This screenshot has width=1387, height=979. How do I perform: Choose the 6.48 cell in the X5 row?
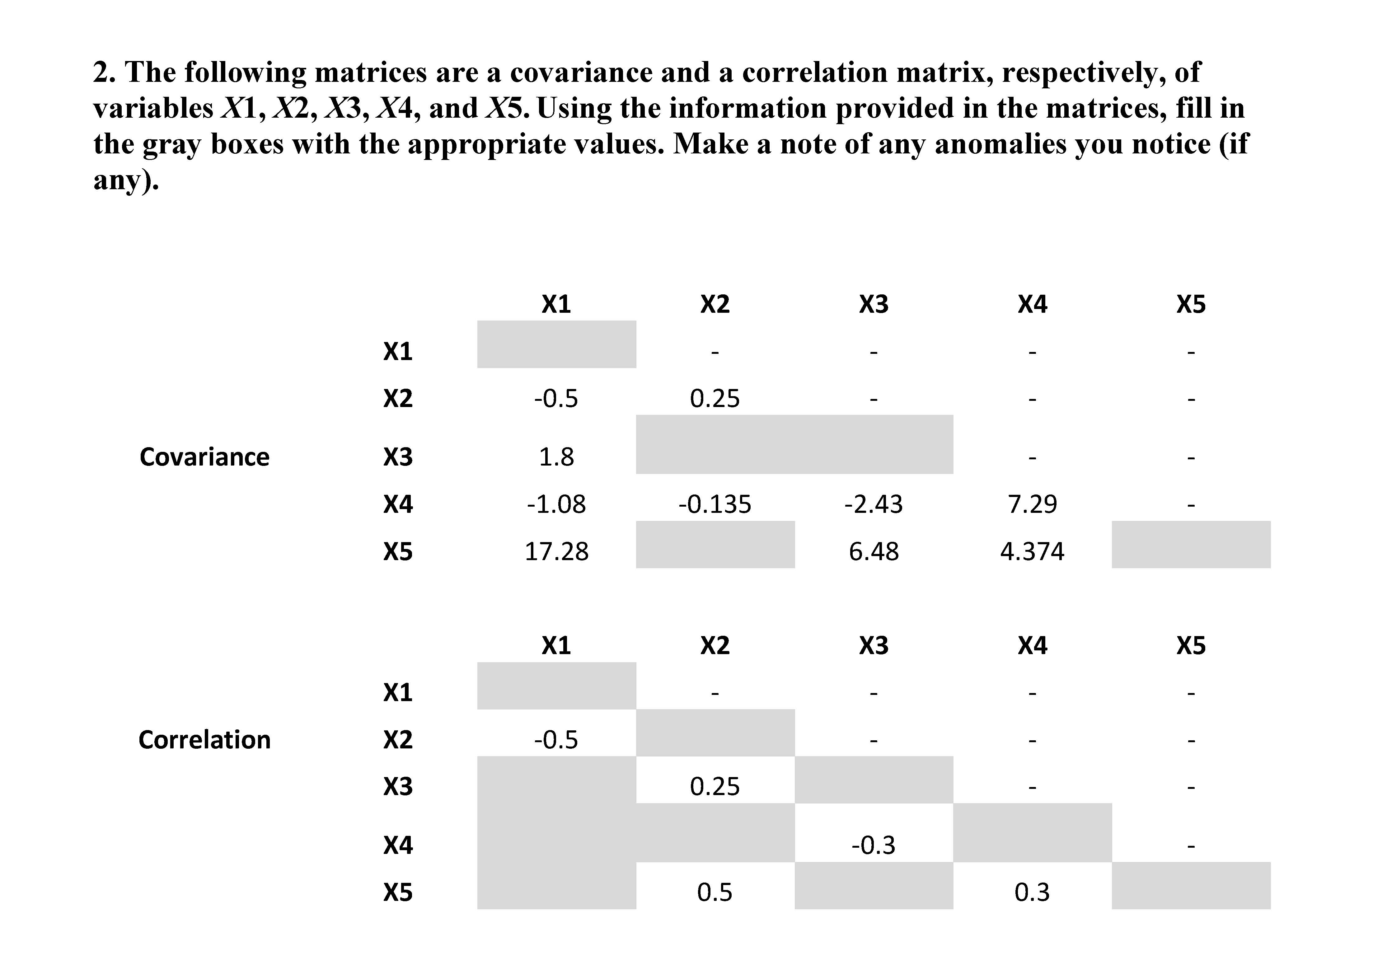[x=874, y=551]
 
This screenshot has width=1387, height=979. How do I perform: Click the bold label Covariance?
[x=204, y=457]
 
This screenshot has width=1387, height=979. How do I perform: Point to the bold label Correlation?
[x=204, y=740]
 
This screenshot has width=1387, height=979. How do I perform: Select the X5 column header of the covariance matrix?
[x=1191, y=304]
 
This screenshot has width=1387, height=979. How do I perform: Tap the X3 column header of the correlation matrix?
[x=874, y=646]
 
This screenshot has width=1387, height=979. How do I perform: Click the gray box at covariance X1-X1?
[x=556, y=344]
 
